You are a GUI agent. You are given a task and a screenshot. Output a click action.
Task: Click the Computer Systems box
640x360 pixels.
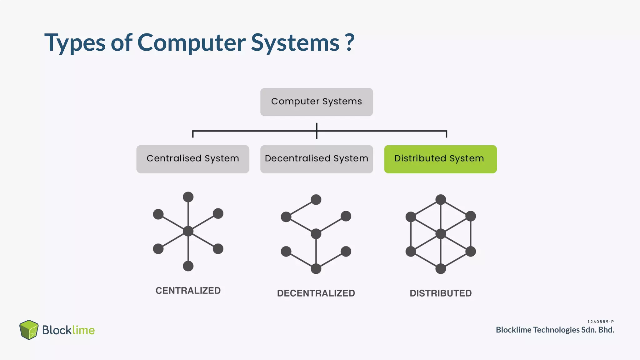pos(316,102)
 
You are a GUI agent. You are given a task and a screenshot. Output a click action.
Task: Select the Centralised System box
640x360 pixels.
pos(192,159)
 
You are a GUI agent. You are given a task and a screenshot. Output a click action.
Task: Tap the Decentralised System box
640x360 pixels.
pos(316,159)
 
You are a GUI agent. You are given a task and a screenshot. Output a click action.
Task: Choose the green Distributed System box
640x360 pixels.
pos(440,159)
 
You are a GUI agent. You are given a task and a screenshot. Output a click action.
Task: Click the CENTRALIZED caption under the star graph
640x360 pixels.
pos(188,291)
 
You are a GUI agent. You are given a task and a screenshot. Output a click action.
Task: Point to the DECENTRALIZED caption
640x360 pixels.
pos(316,293)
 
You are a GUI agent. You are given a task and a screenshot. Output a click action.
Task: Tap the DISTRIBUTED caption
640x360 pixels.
pos(441,293)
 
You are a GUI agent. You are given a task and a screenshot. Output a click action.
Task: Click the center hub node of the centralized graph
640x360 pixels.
pos(188,231)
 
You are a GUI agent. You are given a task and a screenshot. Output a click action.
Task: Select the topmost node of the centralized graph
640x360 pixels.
pos(188,197)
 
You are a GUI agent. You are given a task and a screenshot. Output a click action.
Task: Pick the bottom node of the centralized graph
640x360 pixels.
pos(188,266)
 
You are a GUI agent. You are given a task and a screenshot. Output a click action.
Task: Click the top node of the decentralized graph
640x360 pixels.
pos(316,199)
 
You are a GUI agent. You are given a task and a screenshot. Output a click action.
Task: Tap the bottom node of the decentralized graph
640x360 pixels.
pos(316,268)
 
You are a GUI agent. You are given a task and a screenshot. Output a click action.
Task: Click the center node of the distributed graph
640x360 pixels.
pos(441,234)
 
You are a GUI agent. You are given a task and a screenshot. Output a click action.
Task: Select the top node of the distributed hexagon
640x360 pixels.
pos(441,199)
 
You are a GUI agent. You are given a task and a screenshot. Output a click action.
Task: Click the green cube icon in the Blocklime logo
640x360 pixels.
pos(29,330)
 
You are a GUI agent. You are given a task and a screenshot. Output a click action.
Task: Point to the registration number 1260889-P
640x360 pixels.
pos(600,322)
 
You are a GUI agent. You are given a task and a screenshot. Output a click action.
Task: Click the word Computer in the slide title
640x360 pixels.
pos(191,42)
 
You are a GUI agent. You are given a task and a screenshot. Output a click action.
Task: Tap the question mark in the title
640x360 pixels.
pos(350,42)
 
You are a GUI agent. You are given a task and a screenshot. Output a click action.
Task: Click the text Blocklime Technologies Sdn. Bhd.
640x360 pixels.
pos(555,330)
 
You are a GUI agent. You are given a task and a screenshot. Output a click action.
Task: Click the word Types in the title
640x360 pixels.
pos(75,43)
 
